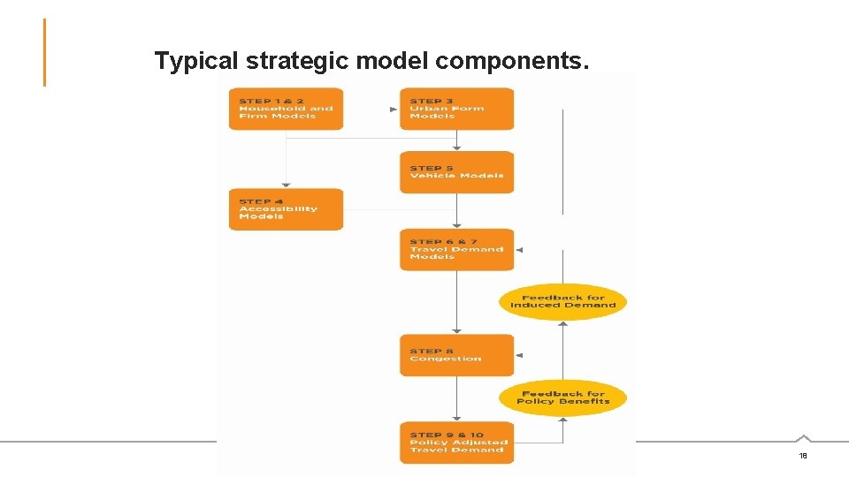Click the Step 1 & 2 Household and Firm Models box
(286, 109)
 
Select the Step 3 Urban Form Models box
(456, 109)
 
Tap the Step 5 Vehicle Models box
(456, 172)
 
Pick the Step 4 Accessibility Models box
(286, 209)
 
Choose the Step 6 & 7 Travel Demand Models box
(456, 249)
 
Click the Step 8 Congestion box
(456, 355)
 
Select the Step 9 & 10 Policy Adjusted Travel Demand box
(456, 443)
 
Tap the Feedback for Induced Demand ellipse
(563, 301)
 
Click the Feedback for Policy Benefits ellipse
(563, 397)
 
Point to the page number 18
(803, 456)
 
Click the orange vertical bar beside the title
(44, 53)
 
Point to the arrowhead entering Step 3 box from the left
(394, 110)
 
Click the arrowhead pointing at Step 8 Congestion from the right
(519, 355)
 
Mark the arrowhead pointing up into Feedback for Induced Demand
(563, 323)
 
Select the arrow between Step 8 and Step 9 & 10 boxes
(456, 399)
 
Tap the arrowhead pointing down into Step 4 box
(286, 185)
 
